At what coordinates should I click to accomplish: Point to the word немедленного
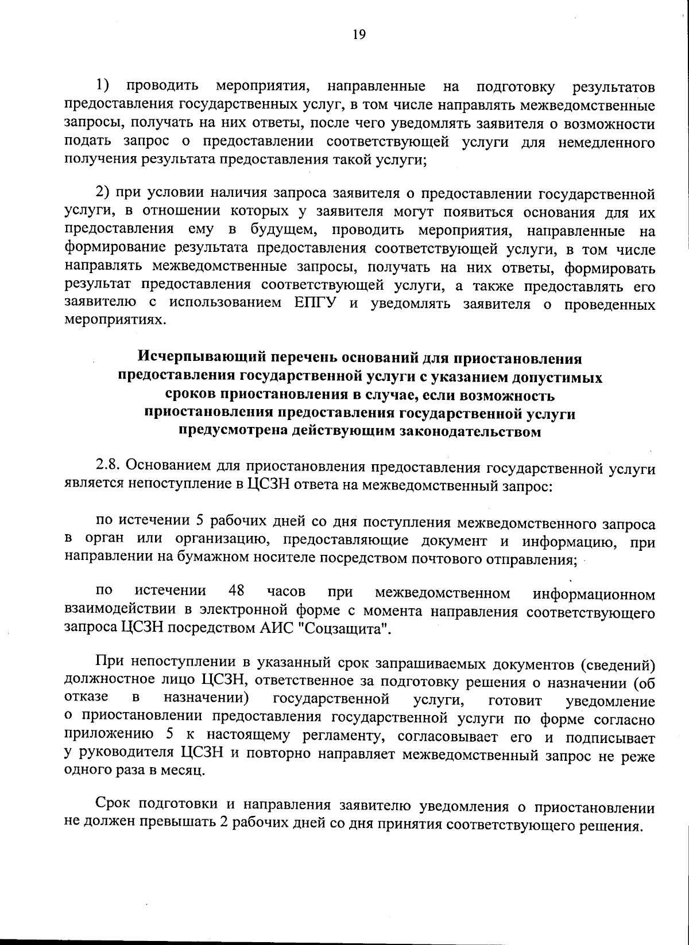(606, 142)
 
